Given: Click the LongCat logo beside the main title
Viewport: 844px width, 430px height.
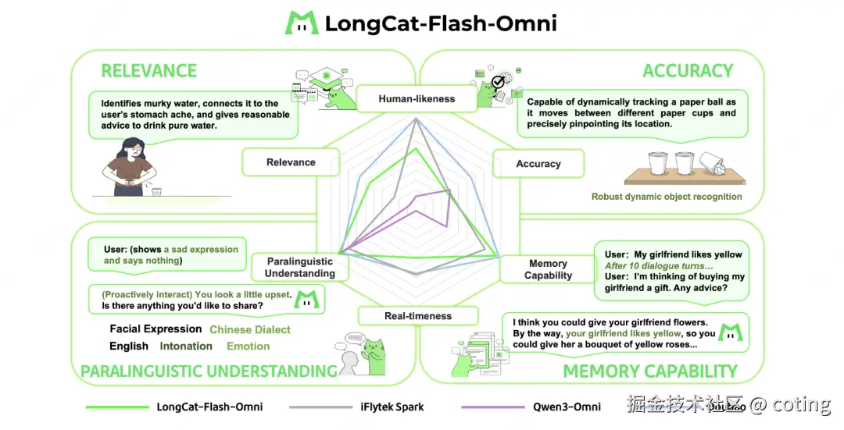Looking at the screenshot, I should tap(301, 23).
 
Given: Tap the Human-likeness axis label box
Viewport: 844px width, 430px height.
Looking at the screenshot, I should tap(417, 99).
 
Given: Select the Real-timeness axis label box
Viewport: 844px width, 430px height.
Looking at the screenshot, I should tap(417, 316).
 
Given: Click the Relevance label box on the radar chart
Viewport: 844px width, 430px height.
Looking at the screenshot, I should tap(291, 162).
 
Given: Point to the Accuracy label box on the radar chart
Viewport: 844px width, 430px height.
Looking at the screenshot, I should tap(538, 164).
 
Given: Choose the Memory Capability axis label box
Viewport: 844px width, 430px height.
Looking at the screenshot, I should tap(548, 269).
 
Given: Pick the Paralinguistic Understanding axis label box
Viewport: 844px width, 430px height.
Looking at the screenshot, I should tap(299, 268).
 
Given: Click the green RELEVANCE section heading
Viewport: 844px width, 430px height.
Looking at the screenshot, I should tap(148, 71).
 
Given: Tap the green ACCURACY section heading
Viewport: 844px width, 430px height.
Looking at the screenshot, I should tap(688, 71).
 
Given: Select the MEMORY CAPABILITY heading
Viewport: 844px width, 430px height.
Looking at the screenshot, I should tap(650, 371).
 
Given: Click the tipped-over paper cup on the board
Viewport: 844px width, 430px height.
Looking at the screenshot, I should tap(715, 163).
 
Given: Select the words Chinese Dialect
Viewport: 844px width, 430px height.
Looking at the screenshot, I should tap(250, 330).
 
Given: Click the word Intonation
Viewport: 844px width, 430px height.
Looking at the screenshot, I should tap(186, 346).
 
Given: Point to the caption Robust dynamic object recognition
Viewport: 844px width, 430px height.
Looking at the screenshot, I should tap(667, 197).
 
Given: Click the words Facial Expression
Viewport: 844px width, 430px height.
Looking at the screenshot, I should tap(156, 329).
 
